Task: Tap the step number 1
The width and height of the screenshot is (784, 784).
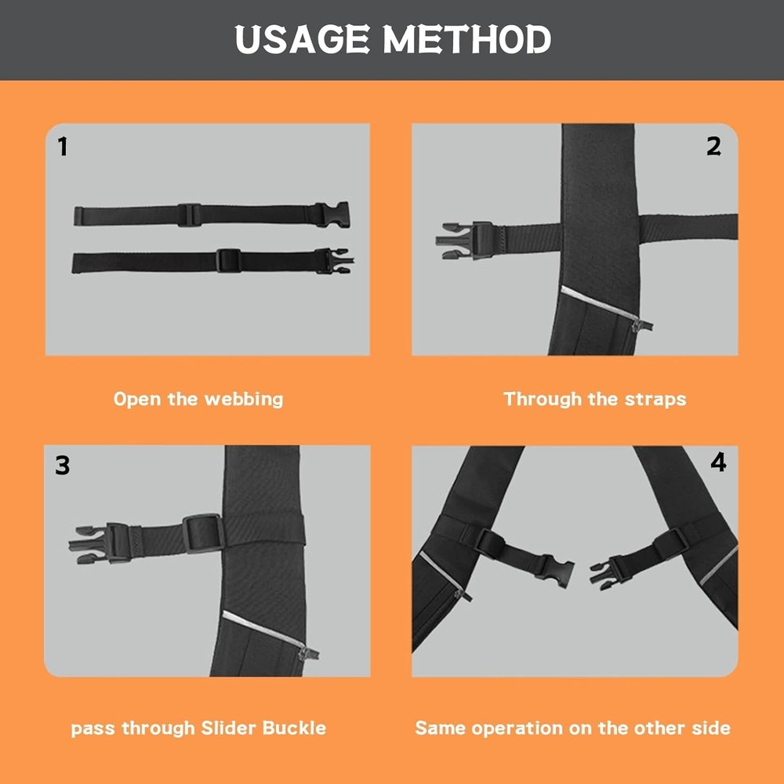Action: (x=63, y=147)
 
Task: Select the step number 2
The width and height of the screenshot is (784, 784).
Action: (x=713, y=146)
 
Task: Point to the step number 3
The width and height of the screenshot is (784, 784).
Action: (x=63, y=465)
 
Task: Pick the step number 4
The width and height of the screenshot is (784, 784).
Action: (x=718, y=463)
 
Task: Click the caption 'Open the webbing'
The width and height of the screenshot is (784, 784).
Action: (x=198, y=399)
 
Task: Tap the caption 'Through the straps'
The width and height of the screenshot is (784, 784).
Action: (x=594, y=399)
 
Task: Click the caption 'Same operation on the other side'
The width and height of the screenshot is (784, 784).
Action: (x=572, y=728)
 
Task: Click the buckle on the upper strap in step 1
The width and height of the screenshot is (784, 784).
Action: (x=332, y=214)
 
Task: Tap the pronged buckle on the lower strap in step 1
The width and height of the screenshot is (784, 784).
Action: (x=335, y=260)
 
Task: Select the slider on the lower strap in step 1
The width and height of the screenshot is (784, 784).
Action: (x=227, y=260)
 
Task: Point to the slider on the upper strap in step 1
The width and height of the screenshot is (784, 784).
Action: (x=189, y=215)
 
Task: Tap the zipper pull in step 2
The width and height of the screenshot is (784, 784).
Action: (x=643, y=324)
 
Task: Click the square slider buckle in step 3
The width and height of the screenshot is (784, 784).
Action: (x=205, y=532)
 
